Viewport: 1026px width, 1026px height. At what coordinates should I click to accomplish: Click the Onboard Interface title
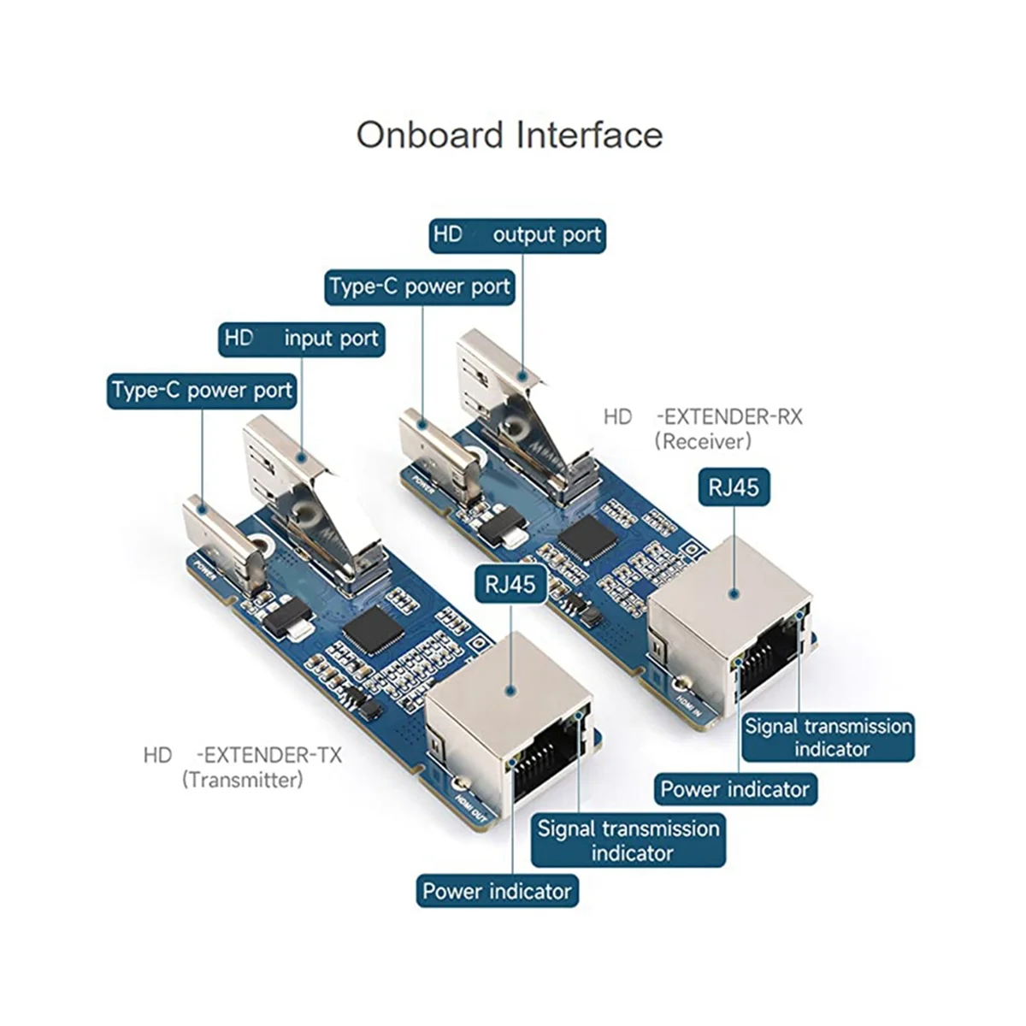[510, 135]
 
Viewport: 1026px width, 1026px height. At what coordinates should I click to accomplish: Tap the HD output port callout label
[517, 234]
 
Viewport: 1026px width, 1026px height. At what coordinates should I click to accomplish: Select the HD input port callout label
[301, 339]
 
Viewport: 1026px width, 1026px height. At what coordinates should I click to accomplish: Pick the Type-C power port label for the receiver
[420, 286]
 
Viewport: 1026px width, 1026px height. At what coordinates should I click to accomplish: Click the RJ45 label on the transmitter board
[510, 584]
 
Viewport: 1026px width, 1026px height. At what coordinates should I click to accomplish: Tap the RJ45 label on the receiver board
[733, 487]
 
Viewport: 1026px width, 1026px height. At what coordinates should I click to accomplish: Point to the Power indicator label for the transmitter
[497, 891]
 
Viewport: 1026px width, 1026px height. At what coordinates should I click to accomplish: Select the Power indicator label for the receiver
[734, 788]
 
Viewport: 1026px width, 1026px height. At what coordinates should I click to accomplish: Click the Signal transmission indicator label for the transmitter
[628, 840]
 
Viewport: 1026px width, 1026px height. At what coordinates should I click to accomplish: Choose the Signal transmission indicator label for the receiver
[828, 737]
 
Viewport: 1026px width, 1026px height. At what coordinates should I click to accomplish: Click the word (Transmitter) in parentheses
[242, 780]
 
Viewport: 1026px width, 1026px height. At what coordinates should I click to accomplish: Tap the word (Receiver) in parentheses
[703, 441]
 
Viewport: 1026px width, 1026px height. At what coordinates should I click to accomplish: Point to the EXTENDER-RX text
[729, 417]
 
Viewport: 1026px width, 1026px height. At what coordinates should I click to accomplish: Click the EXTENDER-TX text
[268, 755]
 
